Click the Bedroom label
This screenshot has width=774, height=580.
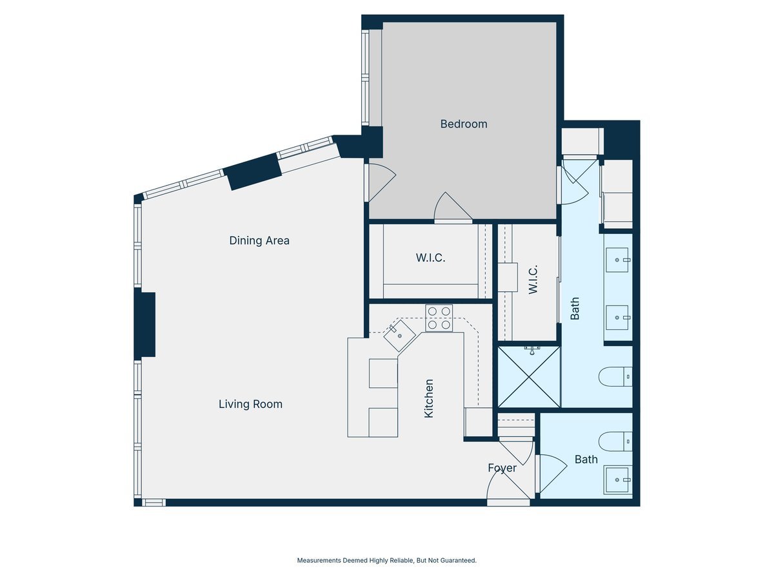463,124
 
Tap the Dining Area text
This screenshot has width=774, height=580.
259,240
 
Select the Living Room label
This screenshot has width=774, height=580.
250,404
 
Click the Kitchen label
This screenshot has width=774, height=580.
429,398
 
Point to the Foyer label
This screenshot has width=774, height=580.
502,468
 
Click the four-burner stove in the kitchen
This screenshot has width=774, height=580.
439,318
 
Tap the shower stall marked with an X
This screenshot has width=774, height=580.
529,377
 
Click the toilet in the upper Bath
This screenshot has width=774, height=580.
615,376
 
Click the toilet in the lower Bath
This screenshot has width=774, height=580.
615,441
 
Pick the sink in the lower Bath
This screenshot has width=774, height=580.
617,480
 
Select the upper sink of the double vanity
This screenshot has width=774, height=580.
617,260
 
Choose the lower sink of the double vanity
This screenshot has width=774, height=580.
617,317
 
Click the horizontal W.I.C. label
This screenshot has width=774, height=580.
430,258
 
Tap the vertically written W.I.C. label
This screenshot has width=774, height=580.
533,280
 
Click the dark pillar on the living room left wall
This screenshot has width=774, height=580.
145,325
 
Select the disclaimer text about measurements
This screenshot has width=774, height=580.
386,561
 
